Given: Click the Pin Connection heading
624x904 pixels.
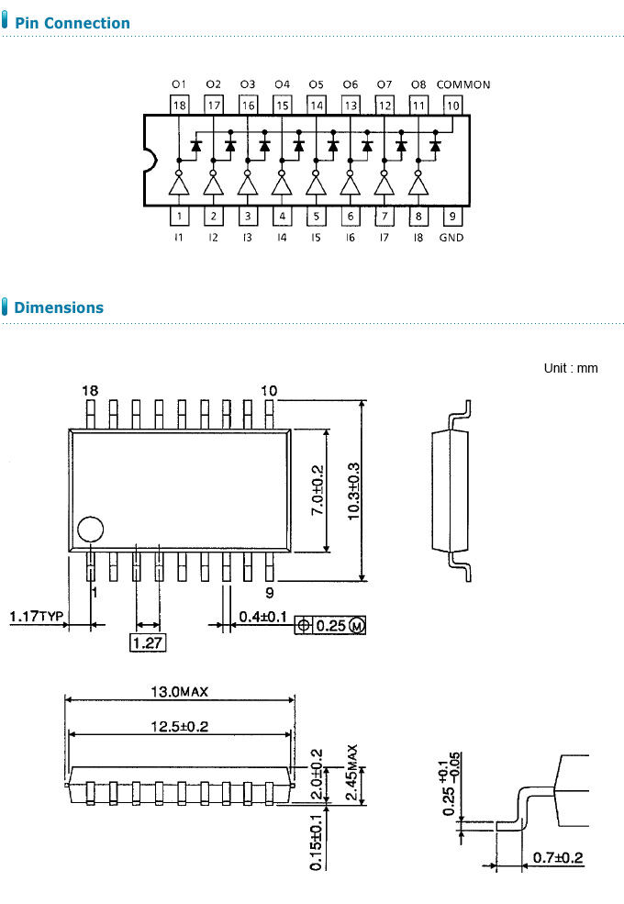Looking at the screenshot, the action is click(x=72, y=23).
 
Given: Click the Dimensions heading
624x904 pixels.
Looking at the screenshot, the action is click(x=59, y=307).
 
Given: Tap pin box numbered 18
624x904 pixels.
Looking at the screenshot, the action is click(x=179, y=105).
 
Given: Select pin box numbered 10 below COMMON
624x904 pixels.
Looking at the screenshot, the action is click(x=452, y=105).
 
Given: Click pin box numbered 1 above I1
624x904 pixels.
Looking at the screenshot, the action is click(x=179, y=217).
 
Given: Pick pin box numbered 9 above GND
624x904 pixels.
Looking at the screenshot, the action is click(x=452, y=217).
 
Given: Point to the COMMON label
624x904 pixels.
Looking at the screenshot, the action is click(x=463, y=84).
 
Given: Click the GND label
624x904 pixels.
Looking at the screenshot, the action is click(x=451, y=238).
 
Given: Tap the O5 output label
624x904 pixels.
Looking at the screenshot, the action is click(x=316, y=84).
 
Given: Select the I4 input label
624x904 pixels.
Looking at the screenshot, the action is click(x=282, y=238).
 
